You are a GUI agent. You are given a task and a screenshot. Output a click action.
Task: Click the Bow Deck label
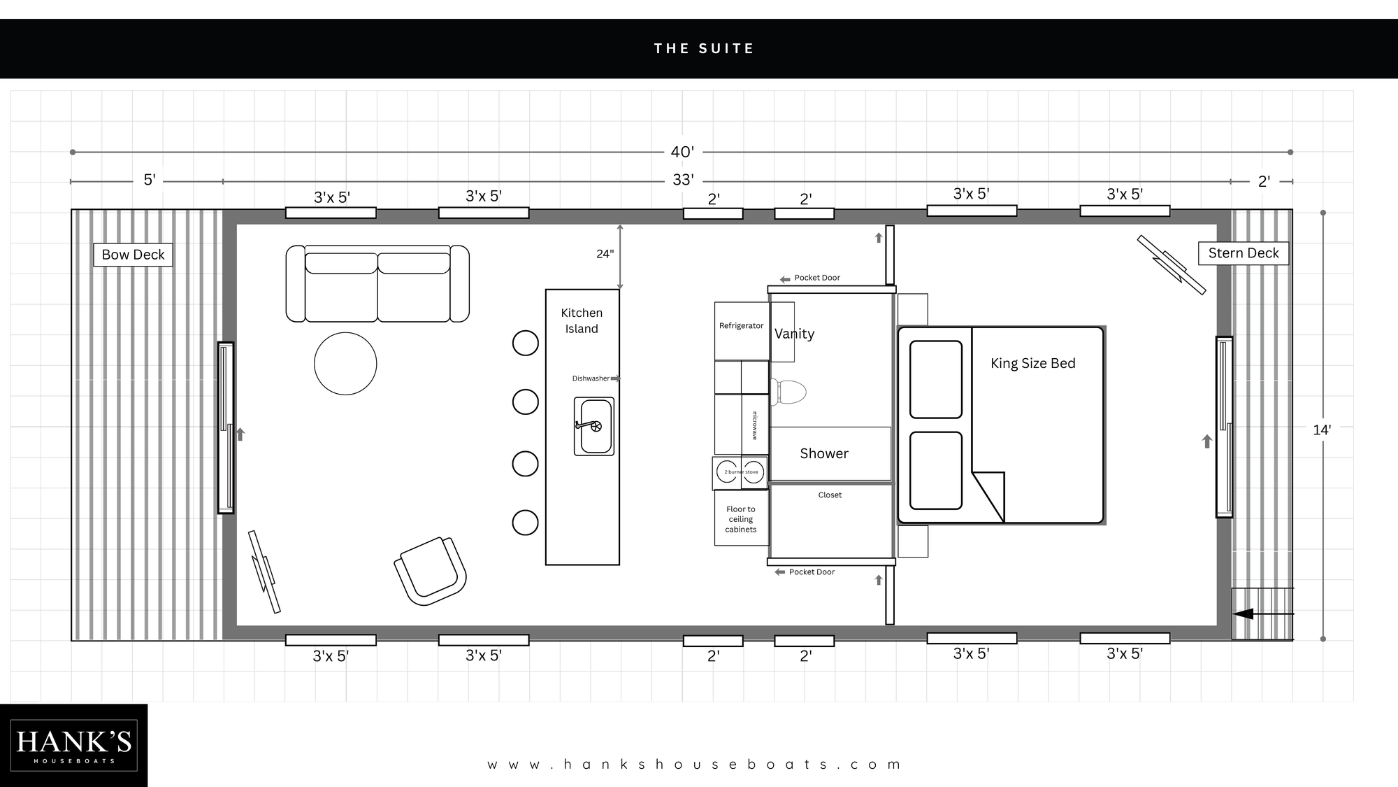click(x=133, y=255)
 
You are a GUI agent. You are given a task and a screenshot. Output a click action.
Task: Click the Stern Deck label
click(x=1243, y=253)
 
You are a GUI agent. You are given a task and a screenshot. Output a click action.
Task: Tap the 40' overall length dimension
click(x=682, y=152)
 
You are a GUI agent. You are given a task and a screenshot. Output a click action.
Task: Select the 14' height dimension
click(x=1321, y=430)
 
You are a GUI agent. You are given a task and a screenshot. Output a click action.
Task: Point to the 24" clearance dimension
click(x=605, y=254)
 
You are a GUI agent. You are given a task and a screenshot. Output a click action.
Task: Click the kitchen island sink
click(x=594, y=426)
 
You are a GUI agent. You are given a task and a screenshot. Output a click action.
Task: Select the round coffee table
click(x=345, y=364)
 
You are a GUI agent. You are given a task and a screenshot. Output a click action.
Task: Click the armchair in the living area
click(x=430, y=571)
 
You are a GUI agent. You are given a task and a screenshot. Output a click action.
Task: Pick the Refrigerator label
click(x=741, y=326)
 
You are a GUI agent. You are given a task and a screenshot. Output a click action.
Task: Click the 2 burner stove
click(x=740, y=472)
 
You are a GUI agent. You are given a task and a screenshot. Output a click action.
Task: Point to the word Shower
click(x=824, y=453)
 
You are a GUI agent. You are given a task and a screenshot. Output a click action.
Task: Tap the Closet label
click(x=830, y=495)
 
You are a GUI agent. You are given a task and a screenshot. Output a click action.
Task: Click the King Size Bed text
click(x=1032, y=363)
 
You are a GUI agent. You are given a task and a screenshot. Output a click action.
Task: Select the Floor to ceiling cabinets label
click(x=741, y=519)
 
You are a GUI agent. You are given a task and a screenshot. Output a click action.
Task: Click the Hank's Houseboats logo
click(x=73, y=746)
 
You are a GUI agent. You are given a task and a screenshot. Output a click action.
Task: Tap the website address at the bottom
click(x=694, y=765)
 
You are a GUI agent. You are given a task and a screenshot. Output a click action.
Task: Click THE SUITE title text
click(x=703, y=48)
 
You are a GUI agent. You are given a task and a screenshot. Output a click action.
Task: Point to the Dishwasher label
click(x=591, y=378)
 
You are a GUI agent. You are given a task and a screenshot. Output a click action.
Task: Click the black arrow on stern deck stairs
click(x=1244, y=614)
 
